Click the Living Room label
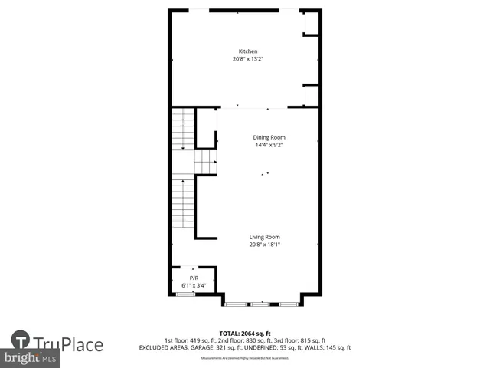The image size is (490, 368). (x=264, y=237)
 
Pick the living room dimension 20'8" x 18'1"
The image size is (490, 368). (x=264, y=245)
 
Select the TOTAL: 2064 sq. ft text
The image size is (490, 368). (x=244, y=333)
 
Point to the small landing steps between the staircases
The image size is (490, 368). (x=205, y=162)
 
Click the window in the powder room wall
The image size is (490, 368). (x=185, y=294)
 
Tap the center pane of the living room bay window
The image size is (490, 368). (x=261, y=304)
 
